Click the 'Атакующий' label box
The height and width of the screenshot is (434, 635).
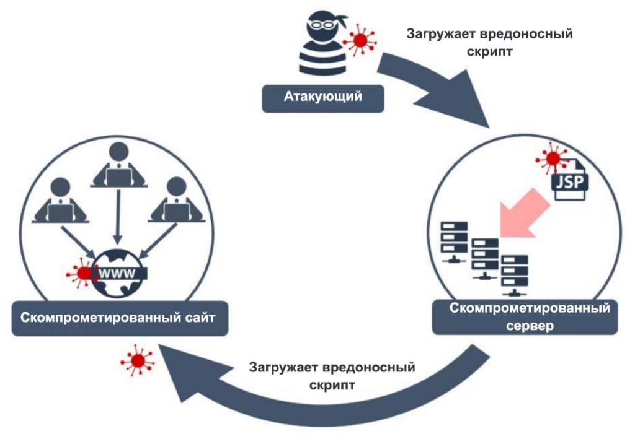[x=322, y=97]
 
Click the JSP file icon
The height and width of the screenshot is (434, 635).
[x=570, y=180]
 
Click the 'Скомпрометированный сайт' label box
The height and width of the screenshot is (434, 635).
[x=118, y=319]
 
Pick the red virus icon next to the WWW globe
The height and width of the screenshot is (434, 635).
[x=81, y=272]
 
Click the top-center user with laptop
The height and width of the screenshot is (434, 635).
[x=118, y=164]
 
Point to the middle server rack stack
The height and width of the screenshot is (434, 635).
[x=484, y=257]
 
